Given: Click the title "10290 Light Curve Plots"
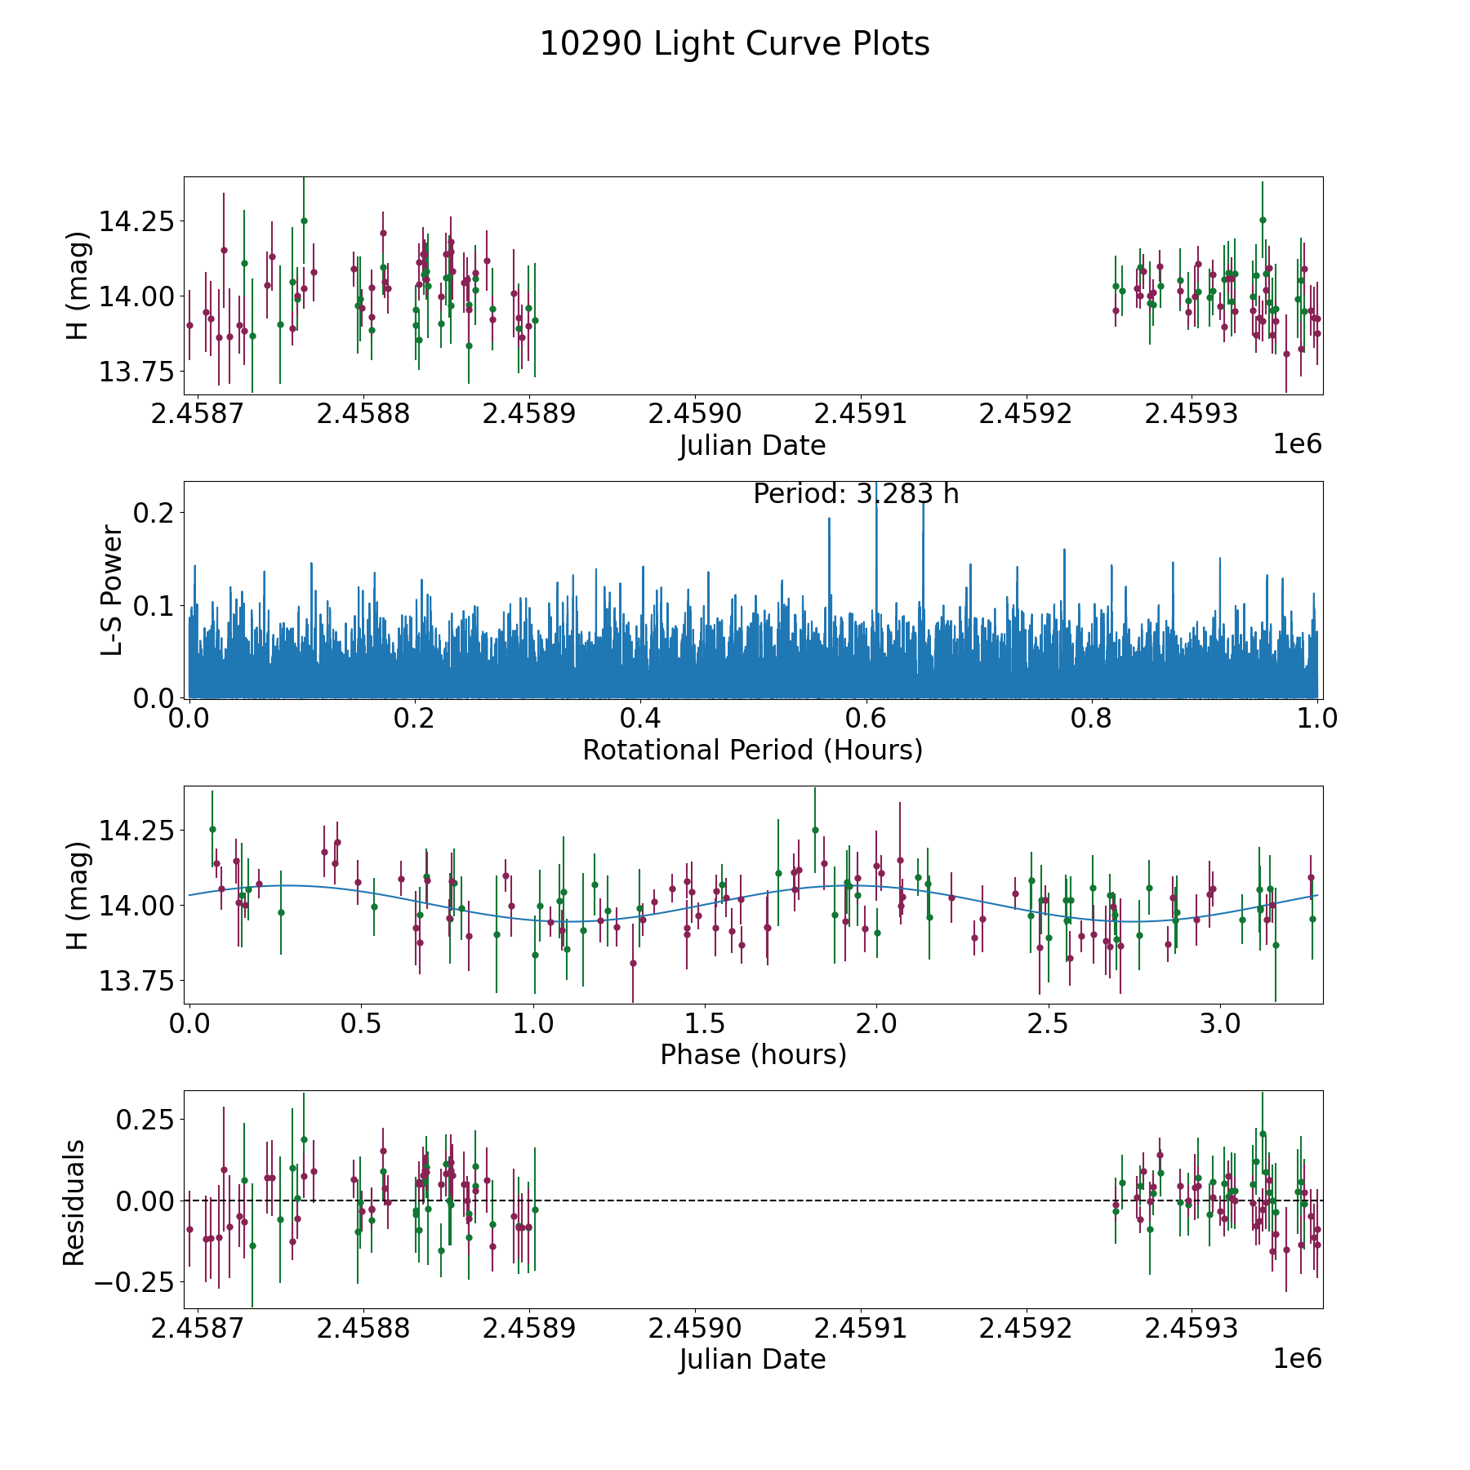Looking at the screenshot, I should pyautogui.click(x=734, y=44).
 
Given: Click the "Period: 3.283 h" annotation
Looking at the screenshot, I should pyautogui.click(x=855, y=494).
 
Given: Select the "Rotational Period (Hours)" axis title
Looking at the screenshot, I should pyautogui.click(x=752, y=750).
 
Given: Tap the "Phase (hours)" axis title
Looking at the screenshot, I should pyautogui.click(x=753, y=1054).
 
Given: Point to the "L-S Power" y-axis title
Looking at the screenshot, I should pyautogui.click(x=112, y=590).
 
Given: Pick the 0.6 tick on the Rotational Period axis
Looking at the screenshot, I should pyautogui.click(x=866, y=719).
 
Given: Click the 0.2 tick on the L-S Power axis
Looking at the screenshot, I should pyautogui.click(x=154, y=513).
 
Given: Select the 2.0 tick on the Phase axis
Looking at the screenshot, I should pyautogui.click(x=875, y=1024).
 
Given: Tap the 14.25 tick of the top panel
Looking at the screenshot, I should pyautogui.click(x=136, y=221).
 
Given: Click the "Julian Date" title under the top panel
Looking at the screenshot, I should pyautogui.click(x=752, y=446).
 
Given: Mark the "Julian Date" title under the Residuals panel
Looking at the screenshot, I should pyautogui.click(x=752, y=1360).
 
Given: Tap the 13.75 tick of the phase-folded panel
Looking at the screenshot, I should pyautogui.click(x=136, y=981).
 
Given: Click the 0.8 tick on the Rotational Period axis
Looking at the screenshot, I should pyautogui.click(x=1091, y=719).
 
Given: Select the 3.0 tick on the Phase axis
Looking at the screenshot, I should pyautogui.click(x=1219, y=1024).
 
